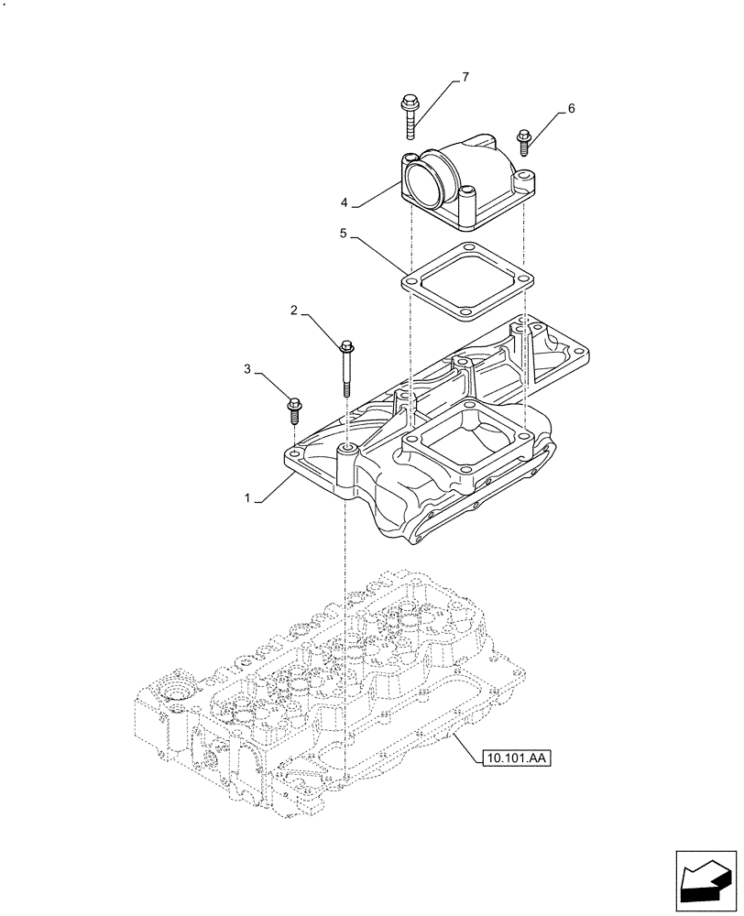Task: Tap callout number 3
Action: (248, 369)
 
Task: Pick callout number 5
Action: (343, 234)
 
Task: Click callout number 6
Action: (571, 108)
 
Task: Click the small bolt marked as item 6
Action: (524, 141)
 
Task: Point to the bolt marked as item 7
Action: (408, 116)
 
